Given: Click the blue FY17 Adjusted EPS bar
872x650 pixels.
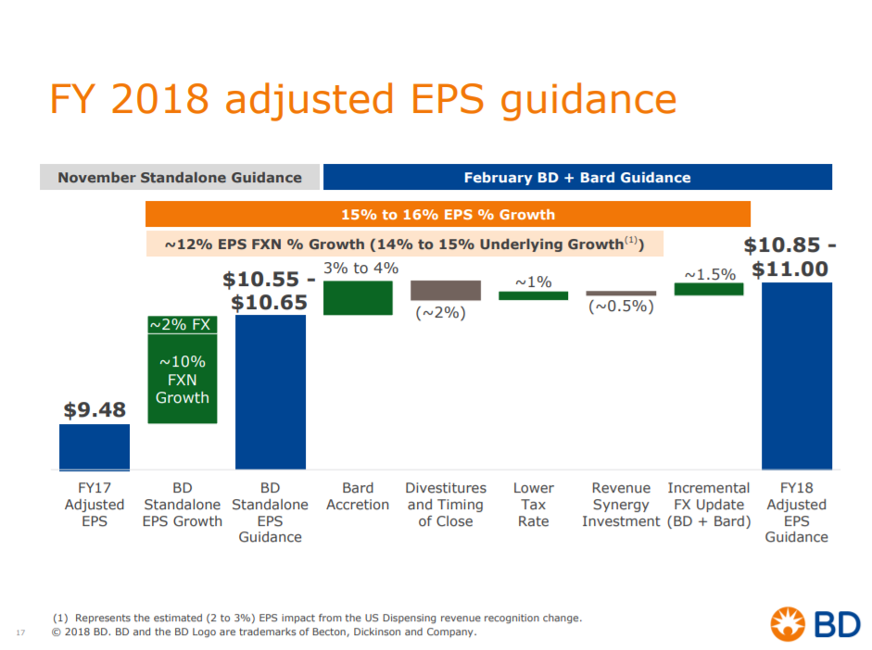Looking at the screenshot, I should [95, 447].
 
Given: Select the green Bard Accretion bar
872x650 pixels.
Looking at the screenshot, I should [358, 297].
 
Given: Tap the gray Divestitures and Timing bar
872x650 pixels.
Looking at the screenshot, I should [446, 290].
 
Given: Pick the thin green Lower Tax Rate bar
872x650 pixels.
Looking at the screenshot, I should [533, 295].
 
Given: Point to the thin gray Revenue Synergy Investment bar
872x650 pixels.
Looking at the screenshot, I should [621, 293].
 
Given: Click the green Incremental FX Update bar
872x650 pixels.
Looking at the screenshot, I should [709, 289].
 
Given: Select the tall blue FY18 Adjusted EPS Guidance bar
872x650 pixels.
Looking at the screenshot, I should [796, 376].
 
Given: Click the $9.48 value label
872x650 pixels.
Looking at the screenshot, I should [95, 409].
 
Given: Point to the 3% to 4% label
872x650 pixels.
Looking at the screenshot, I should [361, 269].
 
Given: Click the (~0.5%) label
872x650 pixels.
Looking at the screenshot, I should [621, 306].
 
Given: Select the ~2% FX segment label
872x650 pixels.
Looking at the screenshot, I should [182, 324].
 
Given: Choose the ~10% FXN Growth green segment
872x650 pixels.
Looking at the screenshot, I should [182, 379].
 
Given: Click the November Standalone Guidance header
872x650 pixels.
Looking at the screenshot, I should [180, 177].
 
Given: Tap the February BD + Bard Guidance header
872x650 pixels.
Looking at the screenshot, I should [576, 177].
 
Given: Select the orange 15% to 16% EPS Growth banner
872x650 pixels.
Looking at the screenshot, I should [448, 214].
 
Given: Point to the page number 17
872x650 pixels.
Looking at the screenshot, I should [19, 632].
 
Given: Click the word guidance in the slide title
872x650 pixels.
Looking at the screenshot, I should [588, 100].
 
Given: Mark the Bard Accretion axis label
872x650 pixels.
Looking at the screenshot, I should [358, 496].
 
